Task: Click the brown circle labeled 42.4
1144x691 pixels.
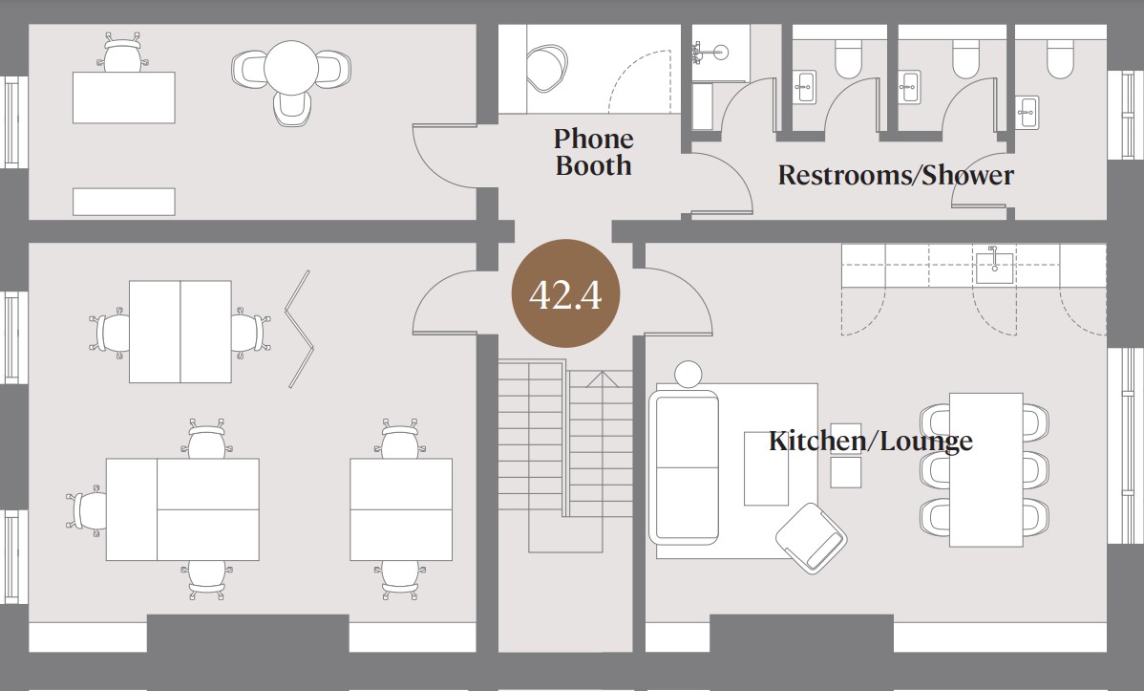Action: click(x=565, y=293)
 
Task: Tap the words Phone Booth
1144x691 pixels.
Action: click(x=593, y=152)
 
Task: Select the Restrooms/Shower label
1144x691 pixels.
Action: click(x=896, y=175)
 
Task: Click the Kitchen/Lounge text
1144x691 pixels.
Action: click(x=870, y=442)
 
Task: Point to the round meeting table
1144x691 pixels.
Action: click(x=291, y=67)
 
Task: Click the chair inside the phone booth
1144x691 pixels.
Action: click(x=546, y=69)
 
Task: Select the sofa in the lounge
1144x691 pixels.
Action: click(x=684, y=467)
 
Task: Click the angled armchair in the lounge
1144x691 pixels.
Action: click(x=812, y=538)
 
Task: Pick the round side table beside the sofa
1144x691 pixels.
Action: click(x=688, y=374)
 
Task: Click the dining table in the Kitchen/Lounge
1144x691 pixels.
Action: click(x=985, y=469)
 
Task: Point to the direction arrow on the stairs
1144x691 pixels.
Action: click(x=602, y=379)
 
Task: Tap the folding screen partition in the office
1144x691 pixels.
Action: click(x=299, y=330)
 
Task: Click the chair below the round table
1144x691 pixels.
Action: click(x=292, y=109)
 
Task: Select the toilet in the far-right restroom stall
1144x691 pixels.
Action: click(x=1060, y=58)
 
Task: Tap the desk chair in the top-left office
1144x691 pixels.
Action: click(x=122, y=54)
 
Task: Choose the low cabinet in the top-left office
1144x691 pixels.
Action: click(x=124, y=202)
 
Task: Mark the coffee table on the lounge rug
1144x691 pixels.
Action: click(x=766, y=468)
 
